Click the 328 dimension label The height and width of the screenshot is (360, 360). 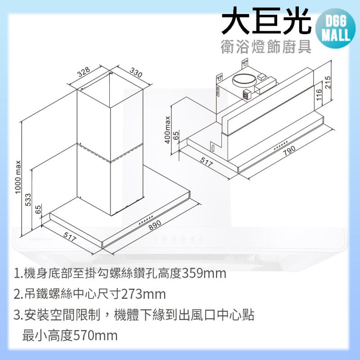point(84,72)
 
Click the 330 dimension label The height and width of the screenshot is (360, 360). point(136,72)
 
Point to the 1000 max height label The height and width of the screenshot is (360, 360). point(18,177)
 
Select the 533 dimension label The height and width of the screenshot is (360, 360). point(27,200)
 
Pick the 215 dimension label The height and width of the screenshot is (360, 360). point(328,82)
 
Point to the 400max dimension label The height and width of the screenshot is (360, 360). point(167,130)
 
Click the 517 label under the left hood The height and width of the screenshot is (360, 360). point(70,237)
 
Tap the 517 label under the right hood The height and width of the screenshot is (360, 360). point(207,162)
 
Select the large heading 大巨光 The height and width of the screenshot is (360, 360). point(266,20)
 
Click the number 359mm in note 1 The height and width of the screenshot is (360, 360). point(204,274)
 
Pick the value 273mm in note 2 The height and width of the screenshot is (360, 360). point(143,294)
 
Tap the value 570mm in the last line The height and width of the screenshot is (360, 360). point(95,335)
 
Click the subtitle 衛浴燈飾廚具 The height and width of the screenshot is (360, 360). point(266,47)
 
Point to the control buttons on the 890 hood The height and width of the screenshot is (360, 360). point(146,220)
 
